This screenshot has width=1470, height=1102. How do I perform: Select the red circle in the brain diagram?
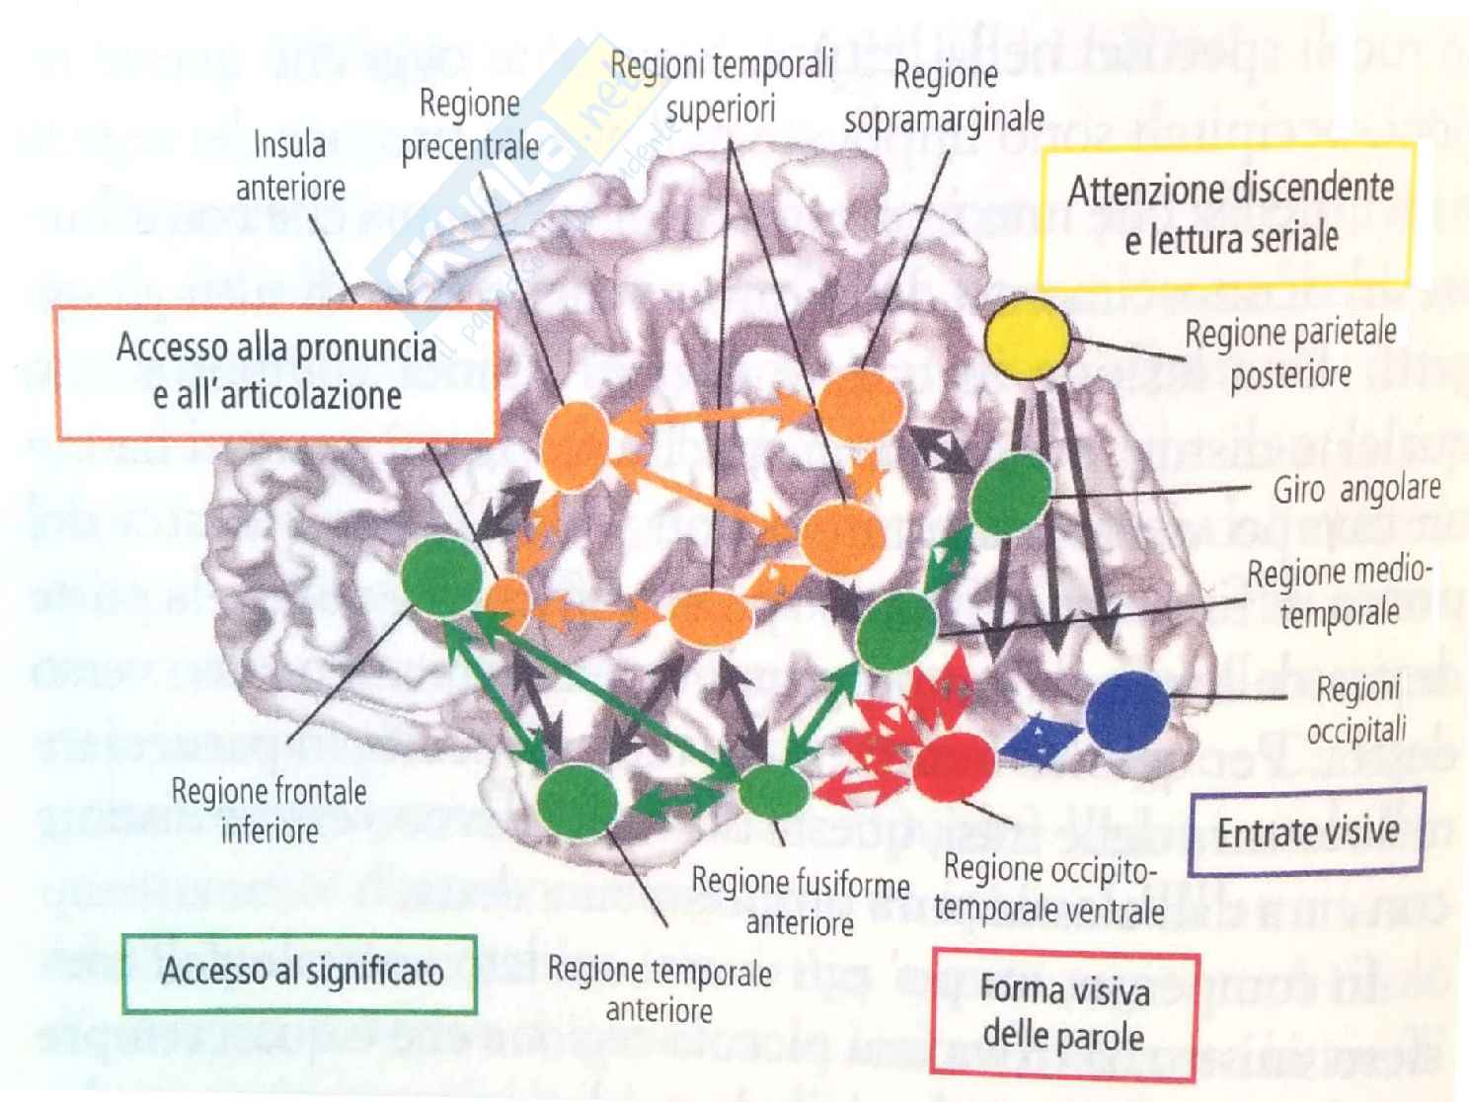(953, 765)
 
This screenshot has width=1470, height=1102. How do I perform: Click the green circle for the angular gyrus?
(1011, 493)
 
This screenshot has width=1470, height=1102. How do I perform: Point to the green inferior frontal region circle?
(441, 578)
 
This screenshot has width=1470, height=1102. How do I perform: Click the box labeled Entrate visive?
(1308, 831)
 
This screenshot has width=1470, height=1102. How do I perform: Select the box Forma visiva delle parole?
(1064, 1012)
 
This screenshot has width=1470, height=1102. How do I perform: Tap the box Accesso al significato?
(301, 973)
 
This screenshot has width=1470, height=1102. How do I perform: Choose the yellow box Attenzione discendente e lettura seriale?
(1230, 213)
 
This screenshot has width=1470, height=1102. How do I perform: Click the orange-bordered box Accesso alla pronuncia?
(275, 371)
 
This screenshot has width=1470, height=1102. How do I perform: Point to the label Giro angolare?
(1355, 489)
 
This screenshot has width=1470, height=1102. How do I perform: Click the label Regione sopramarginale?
(944, 97)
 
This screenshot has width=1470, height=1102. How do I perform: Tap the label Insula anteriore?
(289, 166)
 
